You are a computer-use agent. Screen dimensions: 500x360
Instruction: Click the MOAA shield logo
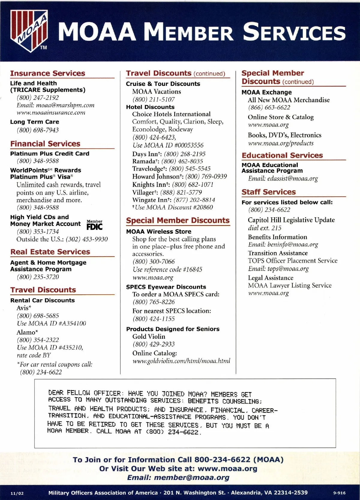coord(29,30)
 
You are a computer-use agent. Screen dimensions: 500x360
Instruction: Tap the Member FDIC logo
coord(94,225)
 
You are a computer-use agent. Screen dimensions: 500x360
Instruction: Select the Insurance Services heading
coord(48,73)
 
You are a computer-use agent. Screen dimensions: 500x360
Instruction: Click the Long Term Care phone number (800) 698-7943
coord(38,130)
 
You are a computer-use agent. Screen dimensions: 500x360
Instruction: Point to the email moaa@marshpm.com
coord(65,105)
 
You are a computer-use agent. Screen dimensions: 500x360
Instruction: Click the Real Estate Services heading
coord(50,252)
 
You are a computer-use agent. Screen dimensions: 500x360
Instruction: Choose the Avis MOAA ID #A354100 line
coord(51,323)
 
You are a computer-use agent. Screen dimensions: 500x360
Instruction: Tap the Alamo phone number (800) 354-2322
coord(38,340)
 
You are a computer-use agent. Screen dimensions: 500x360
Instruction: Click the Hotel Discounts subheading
coord(150,107)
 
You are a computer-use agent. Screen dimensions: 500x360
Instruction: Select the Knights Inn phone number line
coord(173,185)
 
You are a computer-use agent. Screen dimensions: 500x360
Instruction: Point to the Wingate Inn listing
coord(174,200)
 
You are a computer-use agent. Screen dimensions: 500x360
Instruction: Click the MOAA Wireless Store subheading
coord(158,231)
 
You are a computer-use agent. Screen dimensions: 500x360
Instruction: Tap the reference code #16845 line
coord(167,269)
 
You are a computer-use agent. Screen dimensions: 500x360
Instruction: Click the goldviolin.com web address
coord(181,361)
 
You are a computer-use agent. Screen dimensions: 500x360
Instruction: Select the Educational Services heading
coord(282,155)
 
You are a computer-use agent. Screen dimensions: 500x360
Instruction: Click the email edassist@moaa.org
coord(292,179)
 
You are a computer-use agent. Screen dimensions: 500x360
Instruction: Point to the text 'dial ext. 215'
coord(265,228)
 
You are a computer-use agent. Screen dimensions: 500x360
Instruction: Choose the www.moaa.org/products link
coord(281,143)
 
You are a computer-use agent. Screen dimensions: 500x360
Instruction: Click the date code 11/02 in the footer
coord(17,493)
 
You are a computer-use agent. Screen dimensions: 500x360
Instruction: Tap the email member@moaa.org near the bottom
coord(191,478)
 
